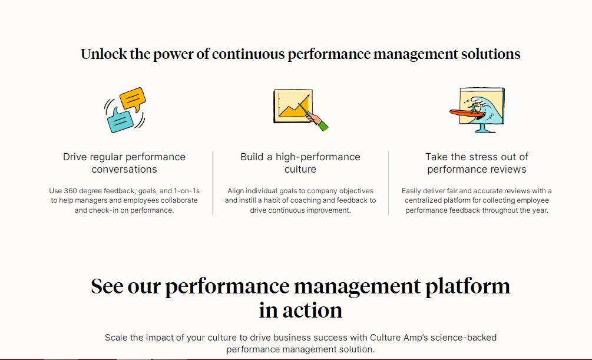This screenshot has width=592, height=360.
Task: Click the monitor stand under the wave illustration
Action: coord(481,128)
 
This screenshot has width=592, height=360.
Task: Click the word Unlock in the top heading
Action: coord(103,54)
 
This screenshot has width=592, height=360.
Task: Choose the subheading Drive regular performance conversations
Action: coord(124,163)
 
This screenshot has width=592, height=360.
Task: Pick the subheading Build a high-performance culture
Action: coord(300,163)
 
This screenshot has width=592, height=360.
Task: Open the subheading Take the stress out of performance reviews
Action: coord(477,163)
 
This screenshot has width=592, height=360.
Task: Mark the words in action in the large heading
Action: coord(300,310)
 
